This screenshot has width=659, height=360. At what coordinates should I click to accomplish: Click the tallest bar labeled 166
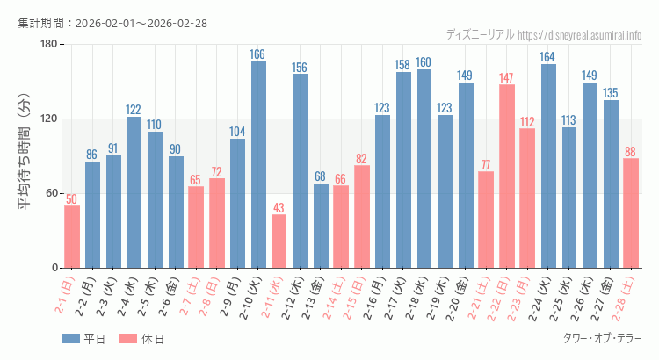[x=258, y=165]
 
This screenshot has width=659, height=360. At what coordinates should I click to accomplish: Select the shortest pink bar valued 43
[x=279, y=241]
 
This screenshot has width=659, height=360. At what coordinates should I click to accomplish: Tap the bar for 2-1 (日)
[x=72, y=237]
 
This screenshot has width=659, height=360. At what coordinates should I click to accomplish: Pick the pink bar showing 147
[x=507, y=176]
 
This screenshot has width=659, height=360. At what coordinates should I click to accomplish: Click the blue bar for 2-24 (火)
[x=548, y=166]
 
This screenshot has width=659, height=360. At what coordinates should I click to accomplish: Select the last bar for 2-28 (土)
[x=631, y=213]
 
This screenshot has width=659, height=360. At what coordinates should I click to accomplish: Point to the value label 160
[x=424, y=62]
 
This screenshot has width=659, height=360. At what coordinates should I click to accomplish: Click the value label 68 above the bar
[x=321, y=176]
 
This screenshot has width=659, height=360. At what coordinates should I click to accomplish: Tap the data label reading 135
[x=611, y=93]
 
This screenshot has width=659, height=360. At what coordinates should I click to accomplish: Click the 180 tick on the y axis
[x=48, y=45]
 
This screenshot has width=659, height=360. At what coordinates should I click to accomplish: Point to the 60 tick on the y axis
[x=51, y=194]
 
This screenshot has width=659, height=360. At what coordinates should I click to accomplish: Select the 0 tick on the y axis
[x=54, y=268]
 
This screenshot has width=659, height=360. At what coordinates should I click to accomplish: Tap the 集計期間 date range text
[x=112, y=23]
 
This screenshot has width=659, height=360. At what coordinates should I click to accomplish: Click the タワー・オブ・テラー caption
[x=602, y=339]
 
